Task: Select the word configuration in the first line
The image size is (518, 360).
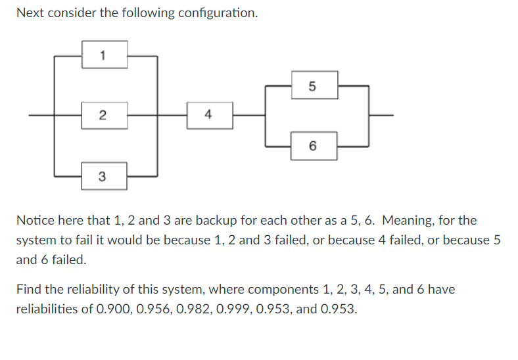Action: point(218,13)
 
